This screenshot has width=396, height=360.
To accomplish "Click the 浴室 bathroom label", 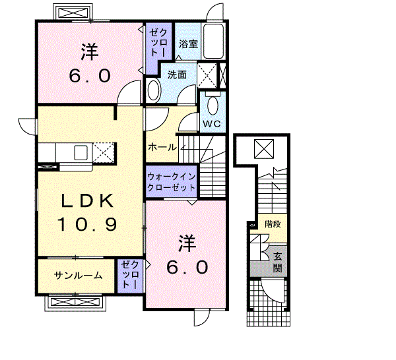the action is (188, 44).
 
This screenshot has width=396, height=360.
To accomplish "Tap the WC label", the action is (212, 123).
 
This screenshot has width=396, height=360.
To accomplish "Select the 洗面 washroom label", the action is (177, 75).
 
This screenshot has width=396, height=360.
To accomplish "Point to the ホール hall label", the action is (162, 146).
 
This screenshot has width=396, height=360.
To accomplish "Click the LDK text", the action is (87, 201).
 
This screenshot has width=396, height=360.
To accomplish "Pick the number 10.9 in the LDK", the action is (87, 224).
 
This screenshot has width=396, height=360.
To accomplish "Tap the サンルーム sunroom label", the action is (79, 275).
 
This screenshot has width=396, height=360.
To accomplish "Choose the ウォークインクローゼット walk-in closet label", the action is (172, 182).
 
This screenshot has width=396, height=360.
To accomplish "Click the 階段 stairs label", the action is (273, 224).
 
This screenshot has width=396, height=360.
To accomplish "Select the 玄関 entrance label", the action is (278, 262).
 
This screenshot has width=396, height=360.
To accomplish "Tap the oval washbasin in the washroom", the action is (154, 90).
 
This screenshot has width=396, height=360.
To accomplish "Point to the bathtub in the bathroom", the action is (214, 42).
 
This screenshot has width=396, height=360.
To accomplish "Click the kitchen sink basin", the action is (81, 152).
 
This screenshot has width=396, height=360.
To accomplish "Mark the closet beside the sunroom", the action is (130, 276).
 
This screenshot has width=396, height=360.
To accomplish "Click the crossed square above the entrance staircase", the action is (264, 148).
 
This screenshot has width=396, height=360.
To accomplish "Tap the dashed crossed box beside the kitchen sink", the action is (104, 153).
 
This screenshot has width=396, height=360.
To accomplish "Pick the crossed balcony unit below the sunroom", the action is (75, 303).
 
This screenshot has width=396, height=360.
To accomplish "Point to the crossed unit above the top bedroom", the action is (73, 12).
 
